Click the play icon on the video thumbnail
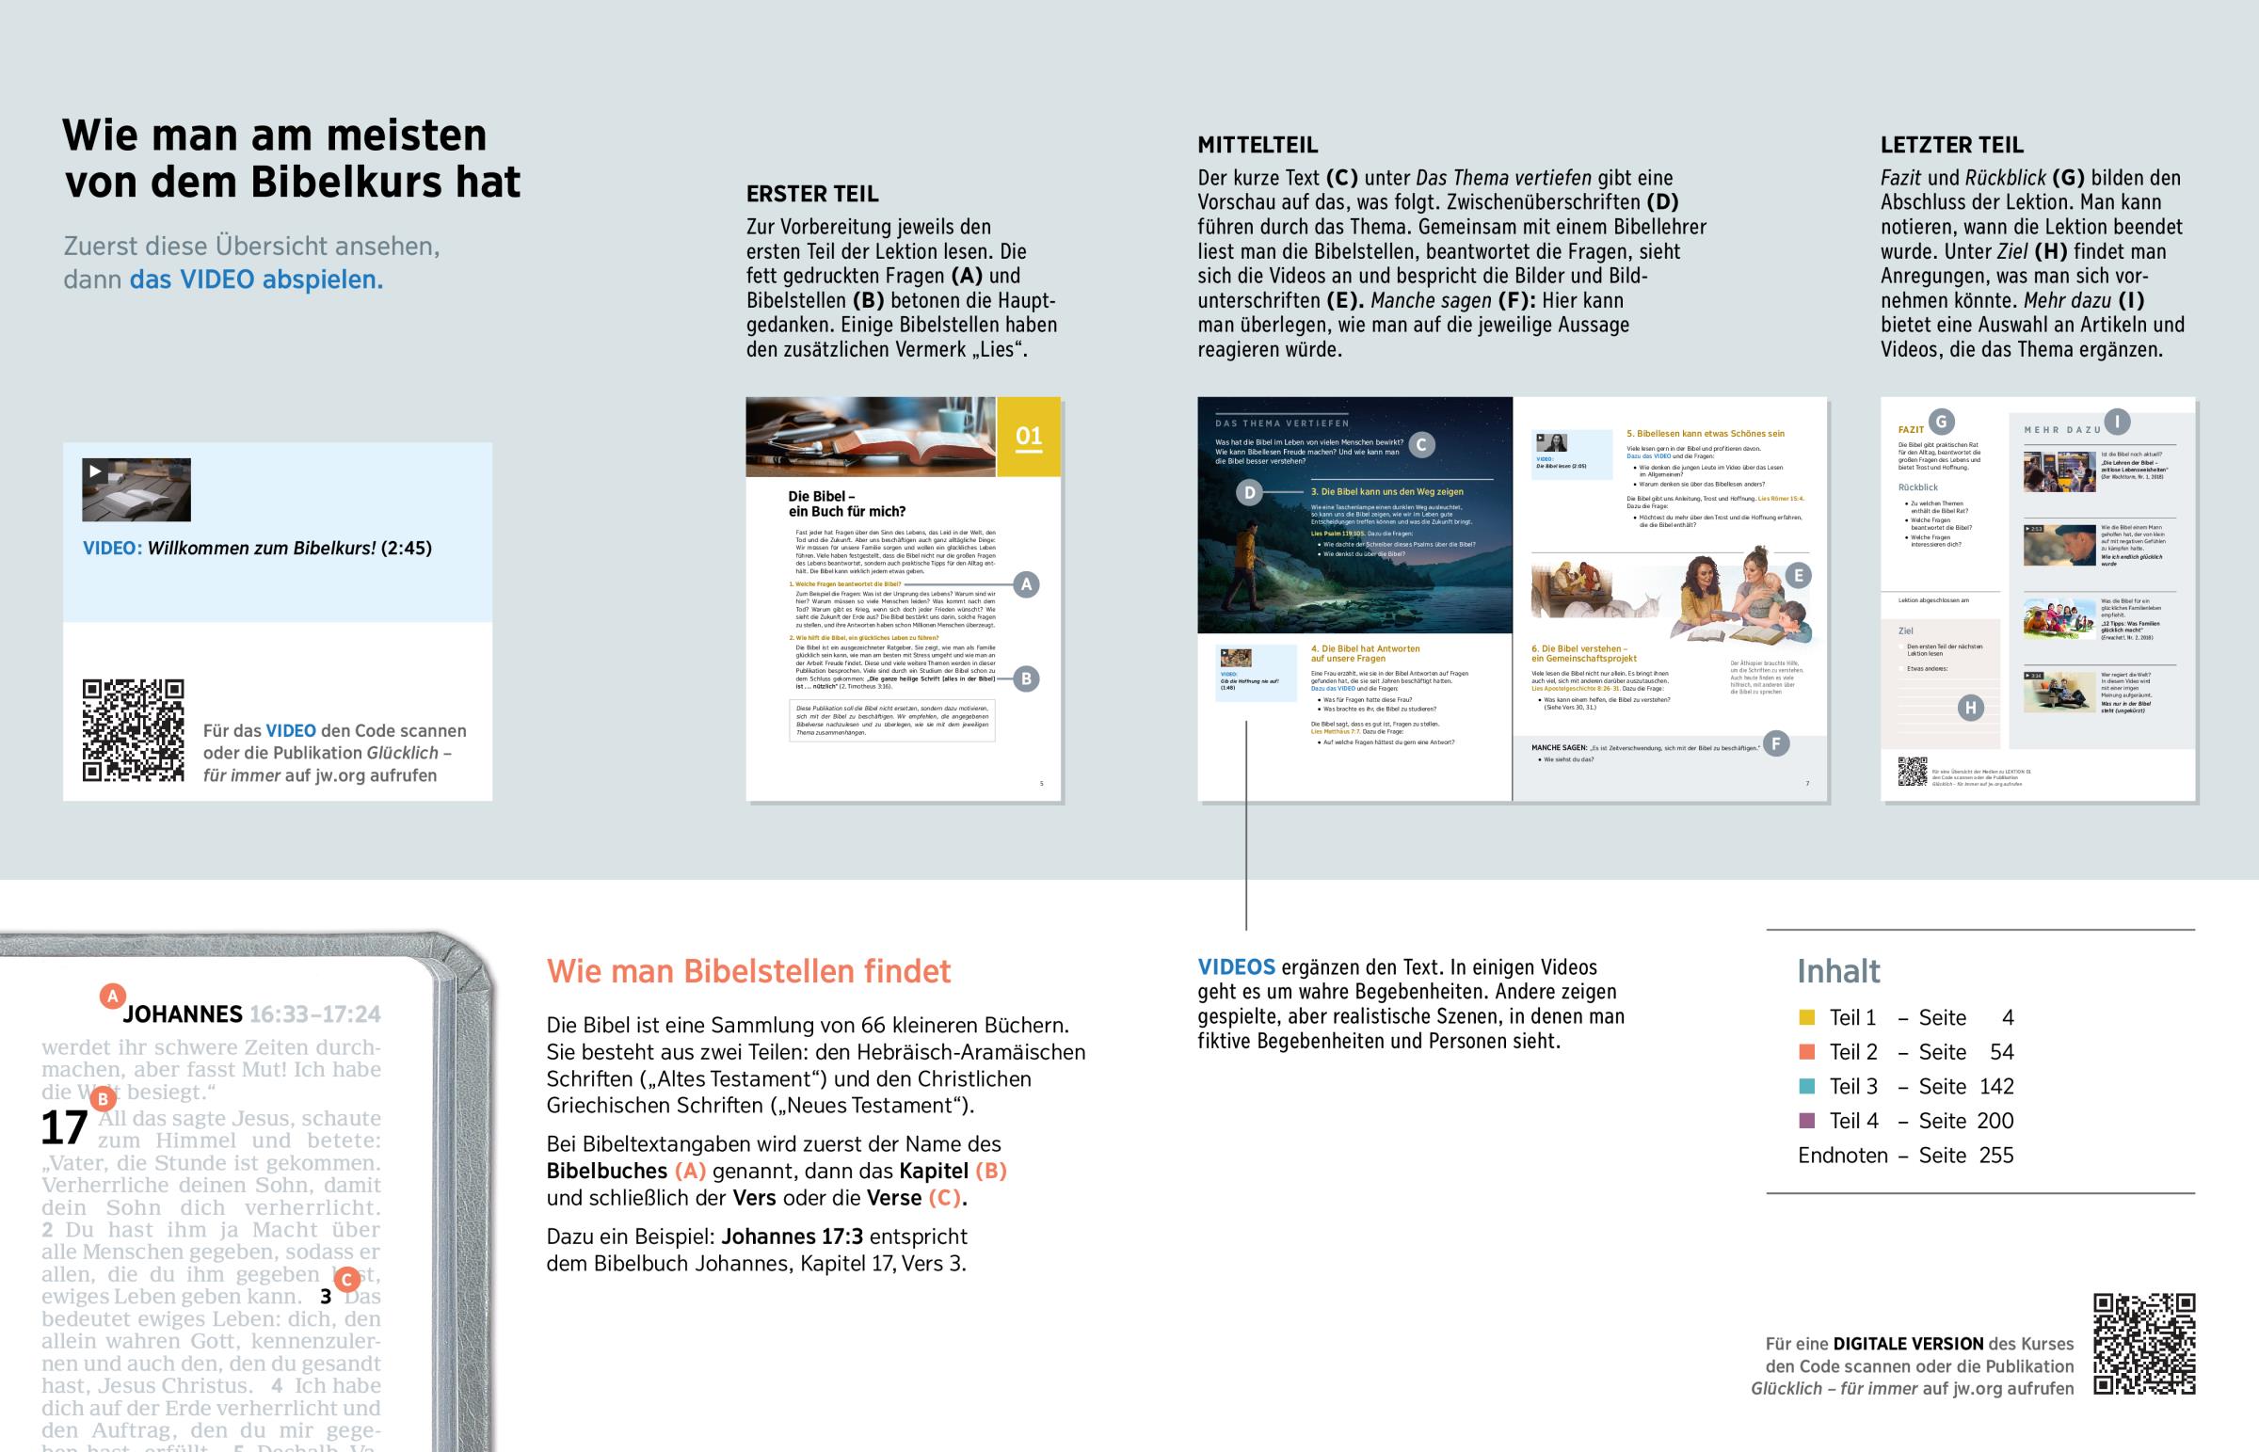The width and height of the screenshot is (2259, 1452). (95, 471)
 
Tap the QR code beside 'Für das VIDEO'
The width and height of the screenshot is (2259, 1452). (133, 730)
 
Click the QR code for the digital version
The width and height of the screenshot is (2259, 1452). (2144, 1344)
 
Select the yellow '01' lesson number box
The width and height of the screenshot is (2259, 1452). (1029, 437)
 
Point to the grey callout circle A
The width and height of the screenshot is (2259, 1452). (1026, 584)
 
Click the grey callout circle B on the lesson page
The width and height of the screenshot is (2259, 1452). (1026, 678)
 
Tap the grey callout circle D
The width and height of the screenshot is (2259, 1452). (1249, 492)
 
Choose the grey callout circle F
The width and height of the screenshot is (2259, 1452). (1775, 744)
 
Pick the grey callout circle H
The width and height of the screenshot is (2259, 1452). (1969, 708)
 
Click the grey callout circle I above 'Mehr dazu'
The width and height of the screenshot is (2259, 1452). (2117, 422)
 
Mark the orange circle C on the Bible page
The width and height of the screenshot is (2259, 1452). (347, 1280)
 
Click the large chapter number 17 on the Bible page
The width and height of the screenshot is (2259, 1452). (64, 1128)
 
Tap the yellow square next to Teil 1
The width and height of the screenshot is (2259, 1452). (1806, 1017)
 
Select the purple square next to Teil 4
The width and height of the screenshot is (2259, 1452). (1806, 1121)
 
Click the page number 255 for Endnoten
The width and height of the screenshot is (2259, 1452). (1996, 1156)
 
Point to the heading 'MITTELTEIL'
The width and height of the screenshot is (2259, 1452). (1257, 145)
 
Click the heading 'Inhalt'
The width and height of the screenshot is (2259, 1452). (1837, 971)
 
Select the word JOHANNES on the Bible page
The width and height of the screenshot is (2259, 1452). (182, 1014)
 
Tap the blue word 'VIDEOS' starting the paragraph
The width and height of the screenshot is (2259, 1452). (1236, 967)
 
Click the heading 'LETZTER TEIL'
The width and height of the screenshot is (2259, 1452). (1951, 145)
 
